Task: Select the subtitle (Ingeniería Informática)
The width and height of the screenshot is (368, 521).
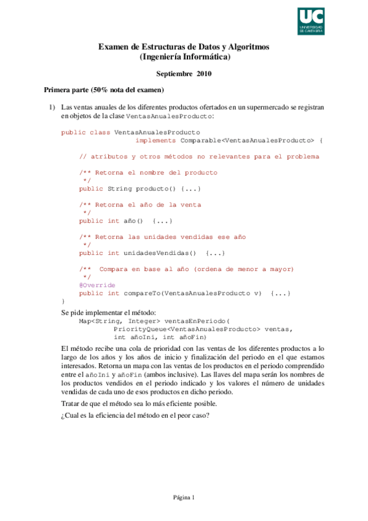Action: click(x=185, y=57)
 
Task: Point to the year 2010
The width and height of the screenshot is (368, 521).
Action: click(x=204, y=74)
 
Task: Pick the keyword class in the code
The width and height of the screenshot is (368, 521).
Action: click(x=100, y=132)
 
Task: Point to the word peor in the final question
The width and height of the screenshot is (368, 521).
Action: click(x=180, y=415)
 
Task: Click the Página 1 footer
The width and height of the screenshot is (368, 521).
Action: click(x=183, y=498)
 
